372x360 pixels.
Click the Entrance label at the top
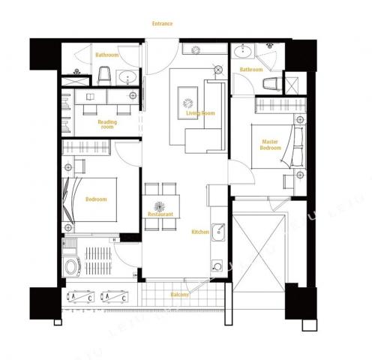[x=162, y=24]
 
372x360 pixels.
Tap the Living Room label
[x=200, y=113]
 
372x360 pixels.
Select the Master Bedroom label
[x=270, y=145]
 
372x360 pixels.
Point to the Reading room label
[x=107, y=124]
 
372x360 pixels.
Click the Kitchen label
[x=200, y=232]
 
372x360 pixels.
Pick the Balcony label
[x=179, y=295]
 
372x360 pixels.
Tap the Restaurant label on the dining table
[x=160, y=214]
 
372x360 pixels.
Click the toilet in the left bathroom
[x=103, y=76]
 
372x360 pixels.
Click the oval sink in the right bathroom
[x=243, y=52]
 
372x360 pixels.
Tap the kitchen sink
[x=218, y=232]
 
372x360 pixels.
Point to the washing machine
[x=72, y=266]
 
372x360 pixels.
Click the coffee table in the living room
[x=187, y=103]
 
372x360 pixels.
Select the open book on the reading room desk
[x=90, y=97]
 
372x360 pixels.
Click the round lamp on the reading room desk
[x=133, y=95]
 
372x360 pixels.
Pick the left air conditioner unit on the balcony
[x=80, y=297]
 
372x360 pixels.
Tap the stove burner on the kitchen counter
[x=217, y=266]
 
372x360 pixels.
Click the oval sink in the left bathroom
[x=127, y=76]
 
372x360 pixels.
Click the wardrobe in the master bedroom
[x=280, y=105]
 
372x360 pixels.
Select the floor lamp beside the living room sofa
[x=218, y=70]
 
